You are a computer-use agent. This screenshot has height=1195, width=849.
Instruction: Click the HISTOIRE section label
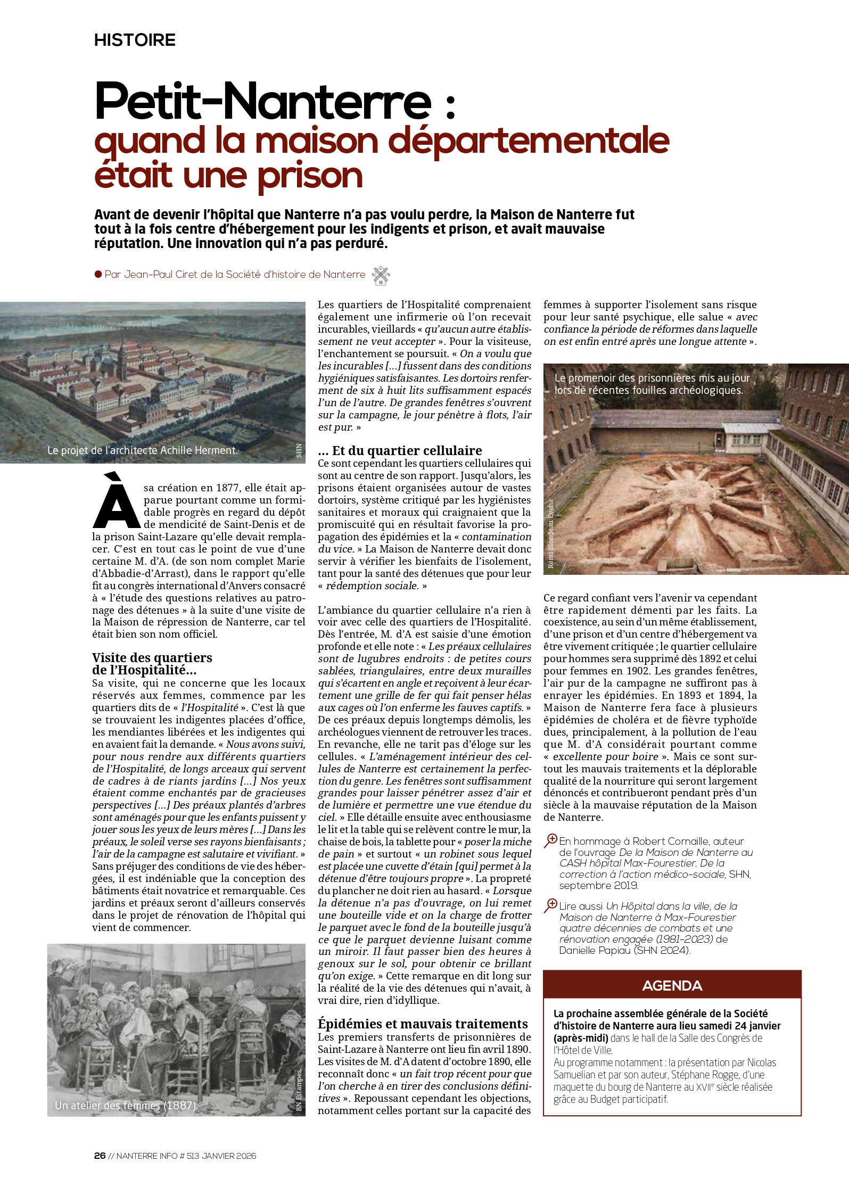tap(135, 40)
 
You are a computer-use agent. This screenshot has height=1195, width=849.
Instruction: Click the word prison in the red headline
tap(310, 176)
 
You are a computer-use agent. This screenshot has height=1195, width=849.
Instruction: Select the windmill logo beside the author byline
tap(381, 275)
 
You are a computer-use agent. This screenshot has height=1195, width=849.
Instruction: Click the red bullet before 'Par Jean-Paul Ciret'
tap(98, 274)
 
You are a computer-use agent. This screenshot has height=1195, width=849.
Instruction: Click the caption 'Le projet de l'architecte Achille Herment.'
tap(142, 450)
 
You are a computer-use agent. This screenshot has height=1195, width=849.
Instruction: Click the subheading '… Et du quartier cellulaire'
tap(400, 450)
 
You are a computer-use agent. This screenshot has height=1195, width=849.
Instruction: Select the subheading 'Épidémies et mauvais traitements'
tap(423, 1024)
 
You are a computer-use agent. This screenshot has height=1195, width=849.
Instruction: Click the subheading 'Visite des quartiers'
tap(152, 657)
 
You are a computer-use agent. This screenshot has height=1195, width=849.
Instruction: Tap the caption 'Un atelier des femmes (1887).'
tap(126, 1105)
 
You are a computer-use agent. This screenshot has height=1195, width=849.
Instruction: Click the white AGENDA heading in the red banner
tap(672, 986)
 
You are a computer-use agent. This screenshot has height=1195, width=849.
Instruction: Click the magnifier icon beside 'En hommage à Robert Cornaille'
tap(550, 840)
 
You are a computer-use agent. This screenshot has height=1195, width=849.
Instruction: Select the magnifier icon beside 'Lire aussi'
tap(550, 905)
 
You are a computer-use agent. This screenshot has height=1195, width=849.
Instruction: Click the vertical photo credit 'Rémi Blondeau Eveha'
tap(550, 534)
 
